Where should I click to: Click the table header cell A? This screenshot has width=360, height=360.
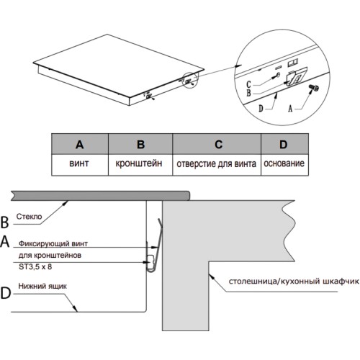[80, 144]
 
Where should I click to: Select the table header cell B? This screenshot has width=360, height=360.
[140, 144]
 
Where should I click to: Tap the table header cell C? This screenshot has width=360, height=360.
[217, 144]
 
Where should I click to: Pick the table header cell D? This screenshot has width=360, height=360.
[284, 144]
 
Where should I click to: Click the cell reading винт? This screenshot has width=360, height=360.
[80, 165]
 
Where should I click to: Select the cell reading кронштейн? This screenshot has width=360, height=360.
[140, 165]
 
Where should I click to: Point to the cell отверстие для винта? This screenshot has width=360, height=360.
[217, 165]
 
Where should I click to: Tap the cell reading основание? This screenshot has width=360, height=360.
[284, 165]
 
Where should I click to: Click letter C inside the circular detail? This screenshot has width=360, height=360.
[248, 84]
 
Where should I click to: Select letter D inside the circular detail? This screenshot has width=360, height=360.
[261, 109]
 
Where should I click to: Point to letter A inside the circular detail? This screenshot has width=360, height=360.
[290, 109]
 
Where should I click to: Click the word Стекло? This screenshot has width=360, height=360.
[29, 217]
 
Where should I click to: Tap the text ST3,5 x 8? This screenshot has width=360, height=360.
[35, 266]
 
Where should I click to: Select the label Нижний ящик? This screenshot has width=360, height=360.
[42, 286]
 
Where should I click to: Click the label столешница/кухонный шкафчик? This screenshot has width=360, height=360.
[294, 281]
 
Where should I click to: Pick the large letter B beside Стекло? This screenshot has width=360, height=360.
[4, 222]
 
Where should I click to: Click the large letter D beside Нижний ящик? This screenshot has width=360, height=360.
[6, 293]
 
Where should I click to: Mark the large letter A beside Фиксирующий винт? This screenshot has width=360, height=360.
[5, 241]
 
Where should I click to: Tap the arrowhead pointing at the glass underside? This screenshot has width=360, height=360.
[65, 204]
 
